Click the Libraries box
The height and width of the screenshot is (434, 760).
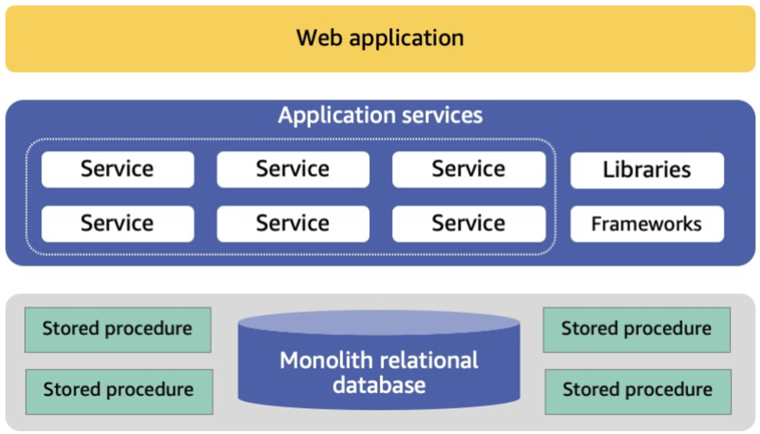(646, 170)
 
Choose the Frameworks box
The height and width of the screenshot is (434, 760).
(646, 224)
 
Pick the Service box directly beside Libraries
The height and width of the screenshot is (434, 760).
(468, 169)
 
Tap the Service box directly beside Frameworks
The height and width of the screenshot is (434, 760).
(468, 224)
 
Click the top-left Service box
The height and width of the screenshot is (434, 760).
(117, 169)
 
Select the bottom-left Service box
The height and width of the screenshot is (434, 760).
(117, 224)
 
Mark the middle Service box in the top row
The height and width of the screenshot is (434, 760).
(292, 169)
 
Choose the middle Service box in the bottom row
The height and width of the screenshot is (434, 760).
(292, 224)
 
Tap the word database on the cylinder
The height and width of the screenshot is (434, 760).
(379, 385)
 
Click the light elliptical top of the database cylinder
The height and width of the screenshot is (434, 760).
(379, 323)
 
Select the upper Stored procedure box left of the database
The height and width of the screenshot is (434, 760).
(117, 329)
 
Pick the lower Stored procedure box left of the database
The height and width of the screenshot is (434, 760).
(118, 390)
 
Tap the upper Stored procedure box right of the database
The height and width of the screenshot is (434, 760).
(636, 329)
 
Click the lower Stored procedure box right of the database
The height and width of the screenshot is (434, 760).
(637, 390)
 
